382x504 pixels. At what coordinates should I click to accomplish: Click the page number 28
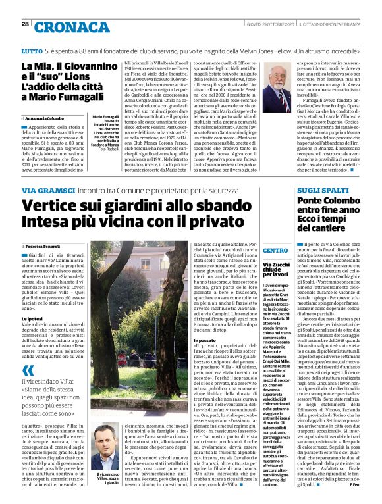pos(25,24)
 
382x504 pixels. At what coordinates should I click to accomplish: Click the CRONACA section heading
pos(63,26)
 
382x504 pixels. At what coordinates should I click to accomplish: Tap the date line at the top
pos(269,24)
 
